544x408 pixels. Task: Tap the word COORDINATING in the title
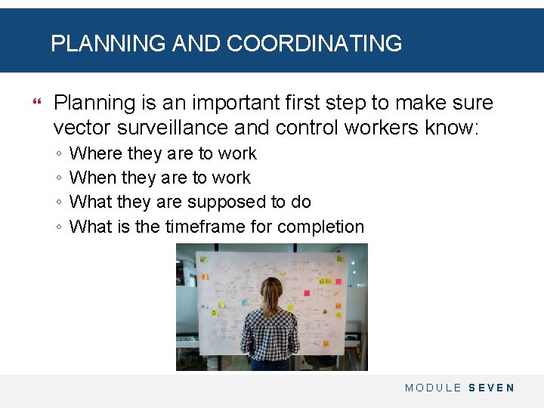314,44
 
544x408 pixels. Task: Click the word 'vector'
79,127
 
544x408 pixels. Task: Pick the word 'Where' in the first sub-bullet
95,153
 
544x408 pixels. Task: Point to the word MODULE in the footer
433,388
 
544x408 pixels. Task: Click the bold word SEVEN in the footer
491,388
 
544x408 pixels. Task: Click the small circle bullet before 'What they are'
59,202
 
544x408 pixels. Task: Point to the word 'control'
308,127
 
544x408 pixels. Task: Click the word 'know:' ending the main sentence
452,127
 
